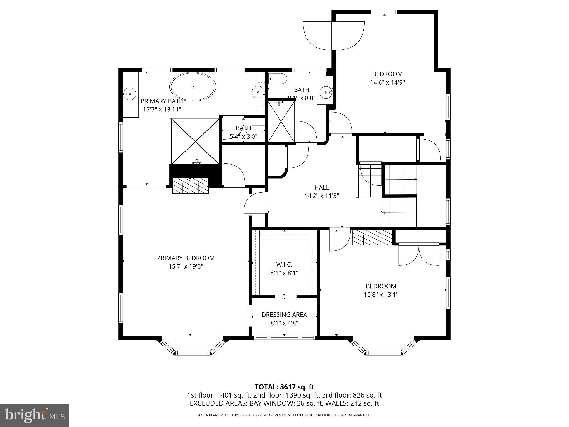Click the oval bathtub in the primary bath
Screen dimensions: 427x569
[x=193, y=86]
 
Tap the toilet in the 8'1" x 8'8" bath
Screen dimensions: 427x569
[x=278, y=79]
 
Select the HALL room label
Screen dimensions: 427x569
[x=322, y=187]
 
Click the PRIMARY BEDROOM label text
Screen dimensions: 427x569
[x=186, y=258]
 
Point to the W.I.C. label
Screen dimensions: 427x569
[x=284, y=265]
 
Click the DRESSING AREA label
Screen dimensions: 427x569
[x=284, y=315]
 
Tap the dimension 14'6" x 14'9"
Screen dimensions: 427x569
[x=387, y=83]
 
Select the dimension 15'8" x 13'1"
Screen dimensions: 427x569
[x=381, y=295]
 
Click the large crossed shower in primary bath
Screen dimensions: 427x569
[x=195, y=141]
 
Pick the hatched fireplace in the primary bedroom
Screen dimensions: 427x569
[x=190, y=186]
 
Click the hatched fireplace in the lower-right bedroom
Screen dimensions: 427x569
[x=372, y=238]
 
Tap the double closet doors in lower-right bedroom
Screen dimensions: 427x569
[x=419, y=255]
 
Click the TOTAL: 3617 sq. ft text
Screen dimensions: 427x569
[x=284, y=387]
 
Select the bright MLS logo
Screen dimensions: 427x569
[x=35, y=415]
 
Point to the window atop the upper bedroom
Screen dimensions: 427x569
[x=384, y=12]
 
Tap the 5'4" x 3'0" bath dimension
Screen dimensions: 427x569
[x=243, y=136]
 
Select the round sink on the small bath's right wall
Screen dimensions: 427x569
[x=326, y=92]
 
